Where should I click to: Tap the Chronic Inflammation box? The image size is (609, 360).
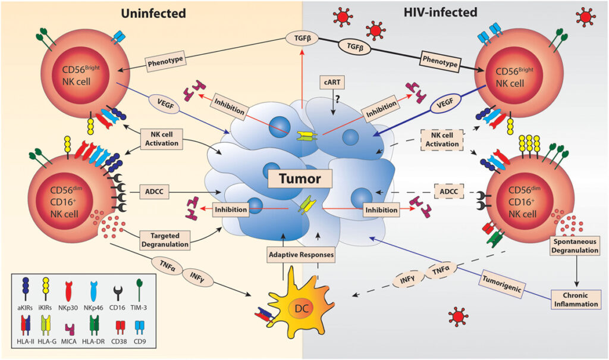click(x=576, y=299)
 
